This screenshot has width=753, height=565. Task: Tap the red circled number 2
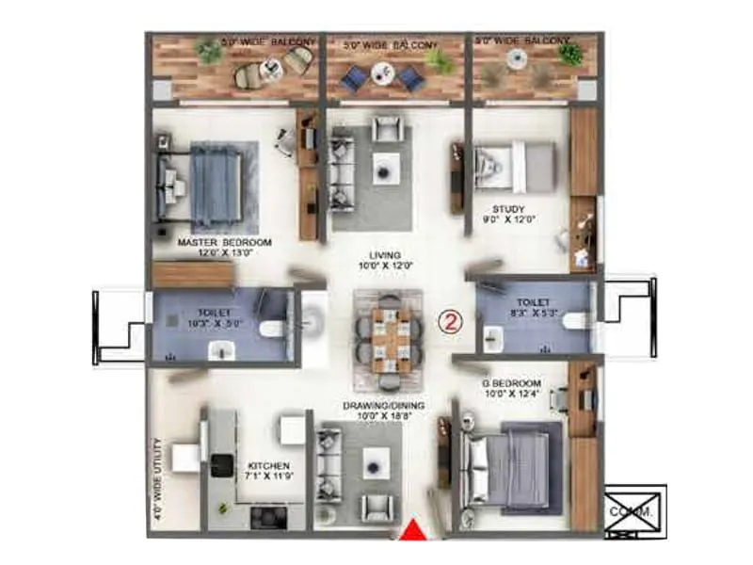pyautogui.click(x=452, y=321)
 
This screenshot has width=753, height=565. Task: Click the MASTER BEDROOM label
pyautogui.click(x=224, y=243)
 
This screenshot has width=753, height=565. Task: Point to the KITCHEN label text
pyautogui.click(x=268, y=466)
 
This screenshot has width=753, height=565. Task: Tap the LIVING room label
pyautogui.click(x=386, y=255)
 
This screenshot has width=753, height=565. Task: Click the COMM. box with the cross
pyautogui.click(x=634, y=512)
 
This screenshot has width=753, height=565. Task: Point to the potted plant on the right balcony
pyautogui.click(x=569, y=55)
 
